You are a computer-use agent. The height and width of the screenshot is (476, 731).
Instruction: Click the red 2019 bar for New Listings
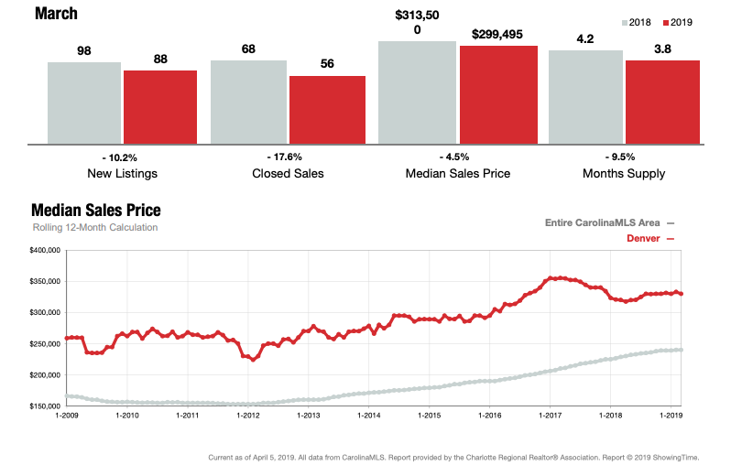tap(160, 106)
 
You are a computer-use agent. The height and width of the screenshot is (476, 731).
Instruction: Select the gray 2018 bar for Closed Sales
tap(248, 102)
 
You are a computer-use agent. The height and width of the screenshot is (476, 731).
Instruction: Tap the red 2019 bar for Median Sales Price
tap(498, 94)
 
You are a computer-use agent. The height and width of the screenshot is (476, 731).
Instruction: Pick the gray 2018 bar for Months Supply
tap(585, 96)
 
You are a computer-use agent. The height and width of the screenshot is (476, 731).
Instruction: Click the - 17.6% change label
tap(284, 157)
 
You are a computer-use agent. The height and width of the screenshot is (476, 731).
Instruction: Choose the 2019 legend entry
tap(682, 22)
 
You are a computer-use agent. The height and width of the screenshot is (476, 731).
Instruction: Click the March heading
tap(56, 14)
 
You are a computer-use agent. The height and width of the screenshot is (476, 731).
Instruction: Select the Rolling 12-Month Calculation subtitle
tap(94, 227)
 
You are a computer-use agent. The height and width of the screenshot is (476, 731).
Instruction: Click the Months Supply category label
tap(623, 173)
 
